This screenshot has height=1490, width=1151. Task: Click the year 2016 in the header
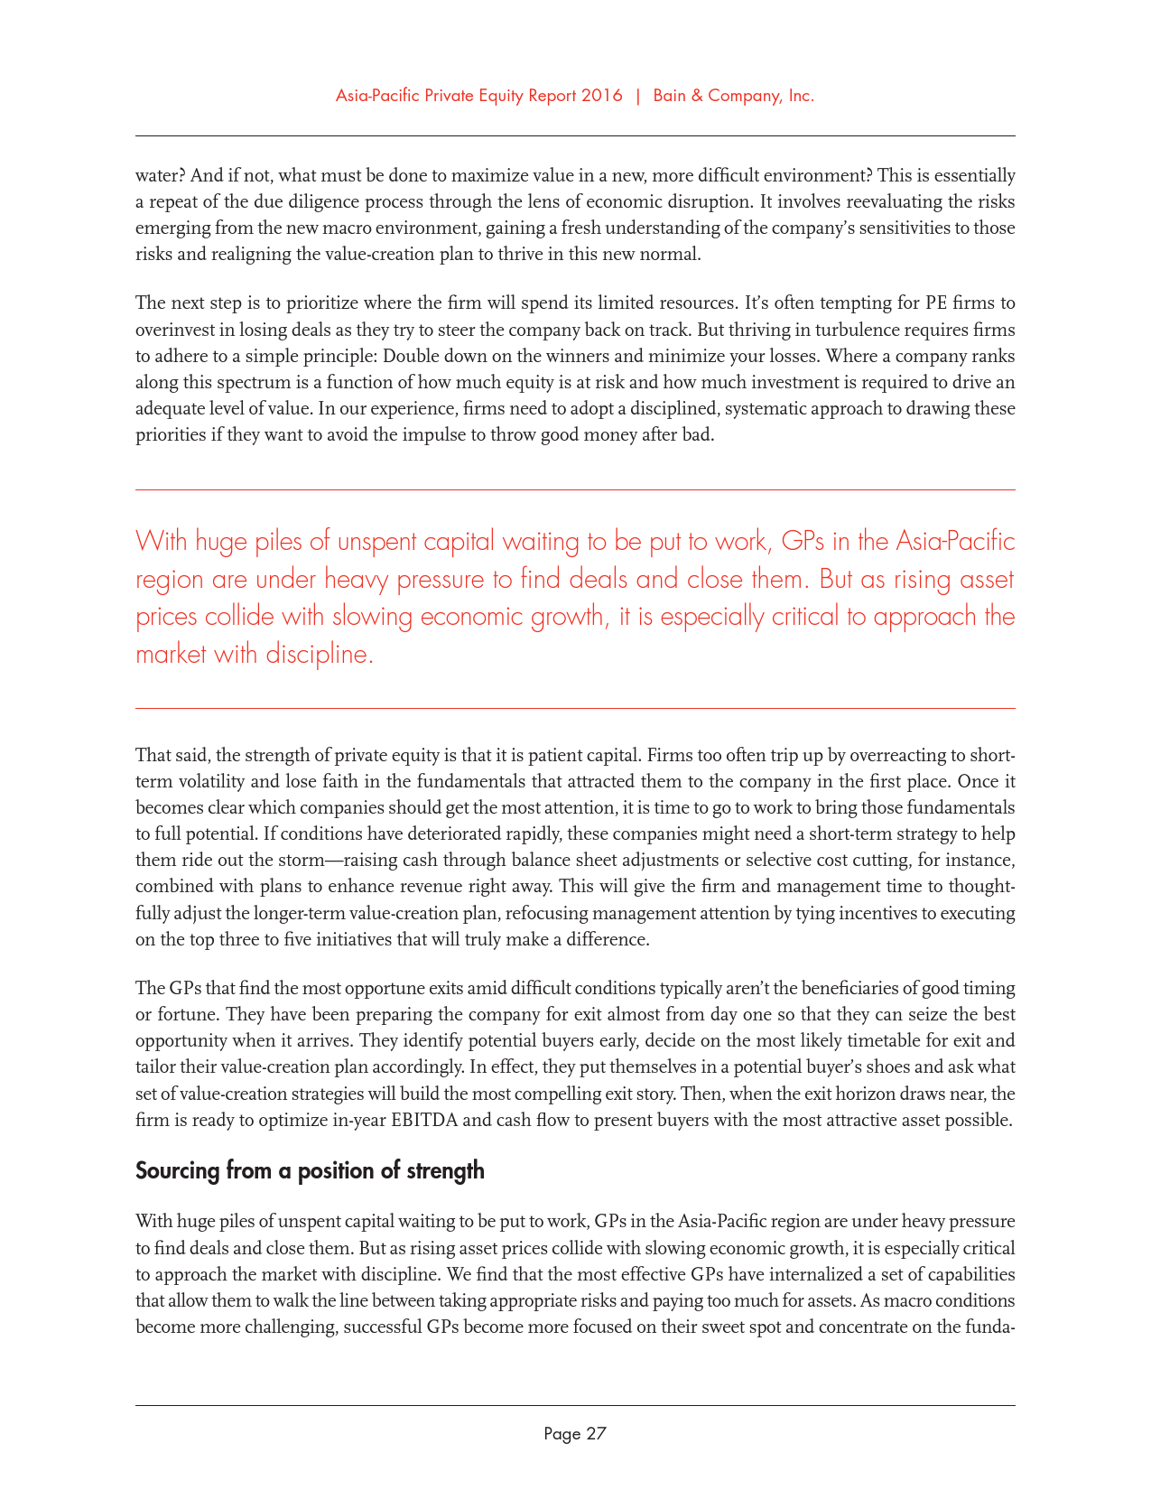601,96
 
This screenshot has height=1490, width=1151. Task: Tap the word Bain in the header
670,96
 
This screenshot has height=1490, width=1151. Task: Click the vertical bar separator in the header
638,96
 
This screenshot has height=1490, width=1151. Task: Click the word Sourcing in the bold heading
178,1171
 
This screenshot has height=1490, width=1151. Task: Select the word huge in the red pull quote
222,542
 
